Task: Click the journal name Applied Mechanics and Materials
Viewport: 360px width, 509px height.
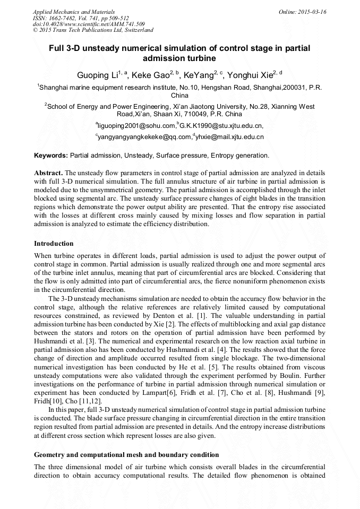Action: pyautogui.click(x=73, y=11)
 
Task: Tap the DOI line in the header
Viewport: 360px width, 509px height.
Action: pyautogui.click(x=89, y=24)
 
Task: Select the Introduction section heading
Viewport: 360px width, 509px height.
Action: pyautogui.click(x=54, y=244)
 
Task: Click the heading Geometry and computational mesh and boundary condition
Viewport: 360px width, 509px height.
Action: pyautogui.click(x=126, y=455)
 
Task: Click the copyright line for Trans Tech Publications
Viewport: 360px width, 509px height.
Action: pyautogui.click(x=93, y=30)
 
